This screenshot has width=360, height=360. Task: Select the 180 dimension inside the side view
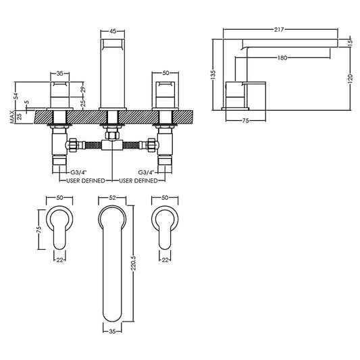tap(282, 58)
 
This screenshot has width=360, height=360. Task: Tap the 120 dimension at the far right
tap(351, 76)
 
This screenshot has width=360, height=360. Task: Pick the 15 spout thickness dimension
tap(351, 42)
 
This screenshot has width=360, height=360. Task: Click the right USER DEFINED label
tap(138, 181)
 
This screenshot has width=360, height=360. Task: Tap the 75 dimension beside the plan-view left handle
tap(39, 229)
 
